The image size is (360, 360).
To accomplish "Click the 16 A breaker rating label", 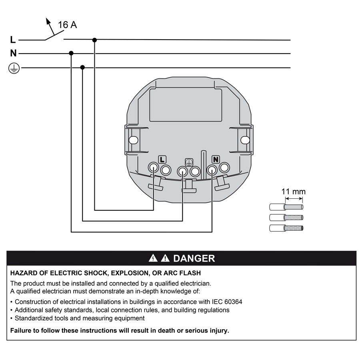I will tap(67, 25).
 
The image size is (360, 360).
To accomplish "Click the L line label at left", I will tap(13, 40).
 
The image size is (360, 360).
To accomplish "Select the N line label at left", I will tap(13, 53).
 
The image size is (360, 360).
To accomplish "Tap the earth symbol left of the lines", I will tap(14, 68).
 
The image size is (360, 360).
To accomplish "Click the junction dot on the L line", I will tap(95, 40).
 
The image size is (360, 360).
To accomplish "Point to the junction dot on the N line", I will tap(71, 53).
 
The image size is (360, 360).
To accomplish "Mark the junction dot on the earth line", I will tap(82, 67).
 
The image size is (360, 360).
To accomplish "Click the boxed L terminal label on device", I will tap(162, 159).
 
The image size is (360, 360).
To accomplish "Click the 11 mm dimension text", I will tap(293, 192).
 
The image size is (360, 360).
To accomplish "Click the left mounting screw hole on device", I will tap(134, 140).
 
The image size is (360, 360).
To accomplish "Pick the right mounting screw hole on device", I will tap(245, 140).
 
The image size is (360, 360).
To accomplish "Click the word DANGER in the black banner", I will tap(194, 258).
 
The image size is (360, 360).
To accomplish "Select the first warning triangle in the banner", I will tap(153, 258).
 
